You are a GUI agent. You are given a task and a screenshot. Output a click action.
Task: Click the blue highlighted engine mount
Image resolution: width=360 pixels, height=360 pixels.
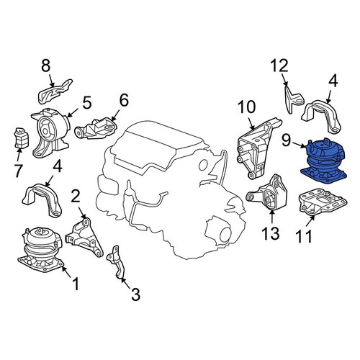pyautogui.click(x=324, y=161)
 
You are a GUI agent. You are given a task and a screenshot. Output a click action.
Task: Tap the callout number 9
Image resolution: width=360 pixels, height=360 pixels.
pyautogui.click(x=286, y=140)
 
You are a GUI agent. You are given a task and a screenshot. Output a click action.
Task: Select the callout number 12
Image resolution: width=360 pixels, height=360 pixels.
pyautogui.click(x=279, y=66)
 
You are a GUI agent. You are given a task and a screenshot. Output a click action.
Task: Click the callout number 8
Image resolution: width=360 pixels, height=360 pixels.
pyautogui.click(x=46, y=66)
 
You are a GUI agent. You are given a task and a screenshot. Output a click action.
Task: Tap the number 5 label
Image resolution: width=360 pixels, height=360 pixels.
pyautogui.click(x=86, y=103)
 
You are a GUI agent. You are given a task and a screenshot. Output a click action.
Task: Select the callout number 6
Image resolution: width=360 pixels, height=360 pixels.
pyautogui.click(x=124, y=100)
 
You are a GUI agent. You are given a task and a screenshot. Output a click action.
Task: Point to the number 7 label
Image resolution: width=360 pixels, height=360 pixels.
pyautogui.click(x=18, y=171)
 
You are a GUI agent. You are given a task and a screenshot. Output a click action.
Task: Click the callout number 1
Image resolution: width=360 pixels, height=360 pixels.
pyautogui.click(x=76, y=284)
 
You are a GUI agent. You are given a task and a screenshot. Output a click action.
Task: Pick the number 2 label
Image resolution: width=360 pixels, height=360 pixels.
pyautogui.click(x=76, y=197)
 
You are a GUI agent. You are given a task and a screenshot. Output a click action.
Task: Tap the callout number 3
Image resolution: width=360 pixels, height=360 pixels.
pyautogui.click(x=135, y=294)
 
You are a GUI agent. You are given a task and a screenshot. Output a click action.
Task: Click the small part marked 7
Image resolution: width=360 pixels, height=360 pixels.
pyautogui.click(x=22, y=138)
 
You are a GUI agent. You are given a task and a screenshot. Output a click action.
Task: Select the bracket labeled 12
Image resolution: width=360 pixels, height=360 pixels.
pyautogui.click(x=294, y=99)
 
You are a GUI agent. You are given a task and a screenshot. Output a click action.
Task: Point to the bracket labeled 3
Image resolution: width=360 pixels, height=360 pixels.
pyautogui.click(x=117, y=261)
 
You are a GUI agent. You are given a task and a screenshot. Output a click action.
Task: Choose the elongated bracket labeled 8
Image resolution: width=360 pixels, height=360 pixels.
pyautogui.click(x=55, y=91)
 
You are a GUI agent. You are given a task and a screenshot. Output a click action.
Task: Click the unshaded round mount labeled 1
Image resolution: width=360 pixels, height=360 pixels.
pyautogui.click(x=41, y=250)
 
